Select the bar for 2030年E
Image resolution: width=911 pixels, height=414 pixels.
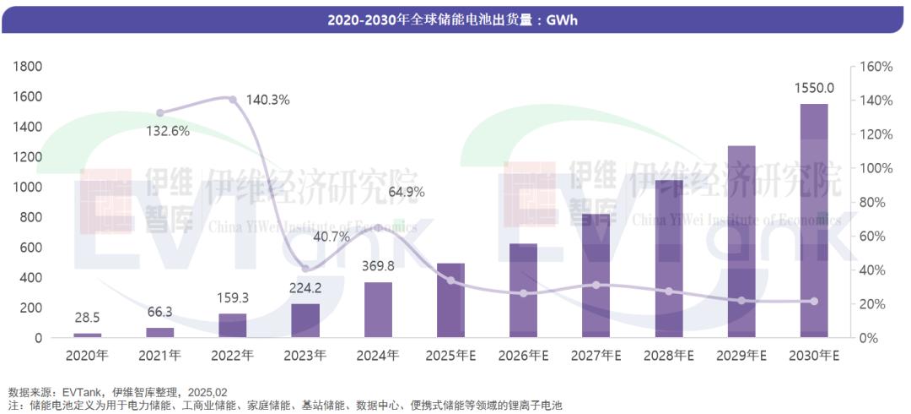[814, 221]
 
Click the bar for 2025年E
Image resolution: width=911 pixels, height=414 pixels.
[450, 301]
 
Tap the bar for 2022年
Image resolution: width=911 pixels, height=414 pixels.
[233, 326]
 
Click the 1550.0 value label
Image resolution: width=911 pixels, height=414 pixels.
[814, 88]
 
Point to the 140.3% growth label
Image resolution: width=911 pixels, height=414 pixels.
[267, 100]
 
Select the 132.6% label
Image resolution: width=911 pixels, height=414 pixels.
[168, 130]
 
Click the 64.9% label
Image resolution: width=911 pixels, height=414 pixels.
[407, 192]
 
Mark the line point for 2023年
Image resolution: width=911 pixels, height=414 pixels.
[305, 269]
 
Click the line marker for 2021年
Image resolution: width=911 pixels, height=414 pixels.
[160, 112]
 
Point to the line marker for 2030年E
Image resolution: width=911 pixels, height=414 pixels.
[814, 301]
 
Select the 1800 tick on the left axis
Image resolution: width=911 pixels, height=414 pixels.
[30, 66]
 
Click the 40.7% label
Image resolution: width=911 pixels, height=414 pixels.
[331, 237]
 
